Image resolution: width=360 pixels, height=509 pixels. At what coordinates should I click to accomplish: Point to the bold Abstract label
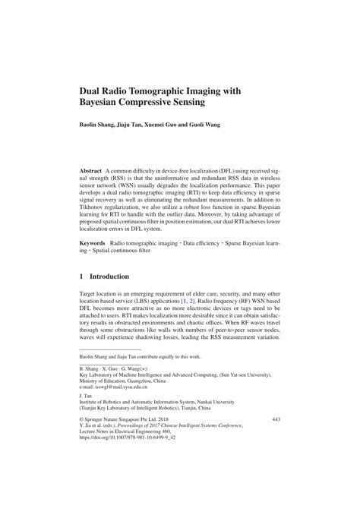pos(92,172)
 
